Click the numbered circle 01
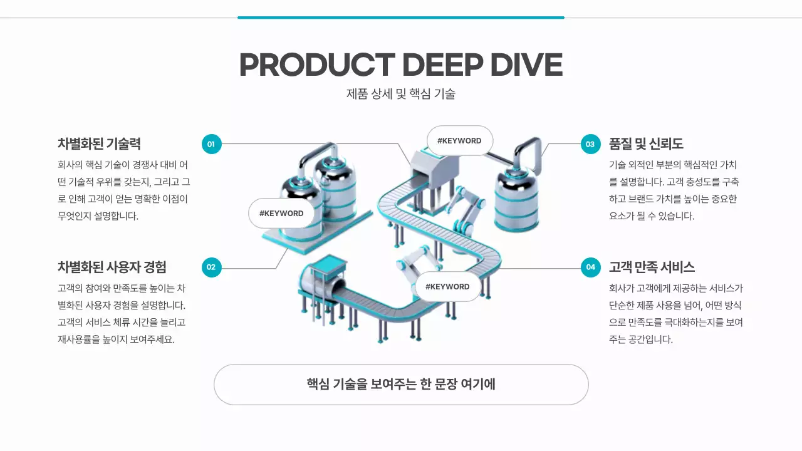[211, 144]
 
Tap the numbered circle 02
[211, 267]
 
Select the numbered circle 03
[590, 144]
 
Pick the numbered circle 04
[590, 267]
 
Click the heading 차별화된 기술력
[103, 143]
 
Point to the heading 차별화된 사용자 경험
[112, 267]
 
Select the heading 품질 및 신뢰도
[646, 143]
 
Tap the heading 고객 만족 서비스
[652, 267]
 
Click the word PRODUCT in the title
[316, 65]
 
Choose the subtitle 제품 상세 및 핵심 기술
[401, 94]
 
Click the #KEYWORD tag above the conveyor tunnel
[459, 141]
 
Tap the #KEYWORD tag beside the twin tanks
[281, 214]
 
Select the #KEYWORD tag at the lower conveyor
[447, 287]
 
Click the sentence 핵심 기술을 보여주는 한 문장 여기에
[401, 384]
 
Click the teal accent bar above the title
[401, 18]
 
